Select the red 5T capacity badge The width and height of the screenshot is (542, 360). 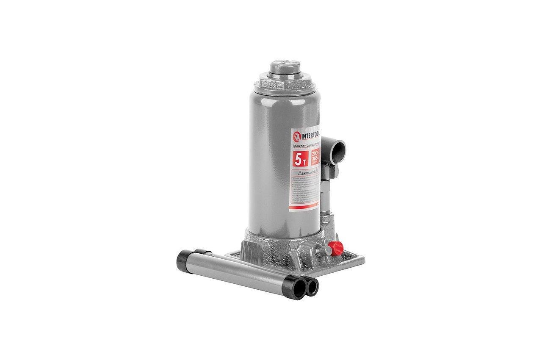[x=300, y=159]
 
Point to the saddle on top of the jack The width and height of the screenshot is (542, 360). [x=282, y=68]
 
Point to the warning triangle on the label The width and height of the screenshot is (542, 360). [x=299, y=173]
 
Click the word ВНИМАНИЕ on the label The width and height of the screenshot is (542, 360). [x=310, y=173]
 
